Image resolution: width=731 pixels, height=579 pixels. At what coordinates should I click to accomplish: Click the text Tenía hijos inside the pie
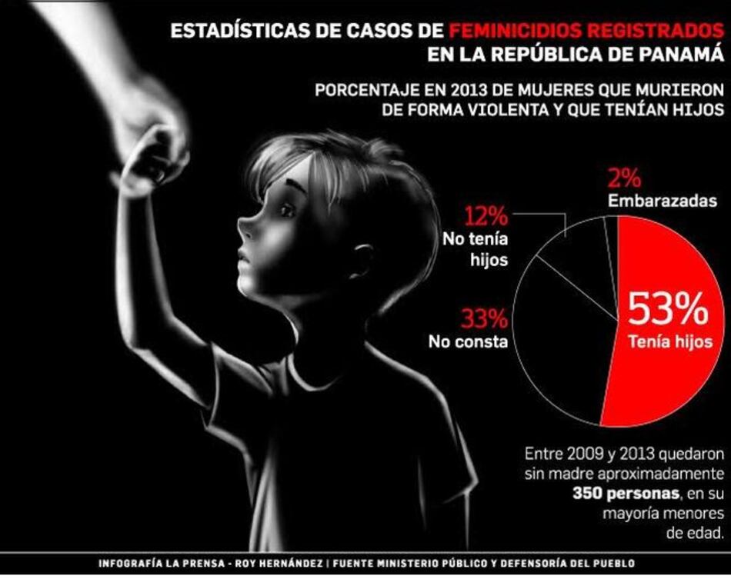pos(666,342)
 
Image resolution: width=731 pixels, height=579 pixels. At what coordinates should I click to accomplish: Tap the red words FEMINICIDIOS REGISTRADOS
pos(586,32)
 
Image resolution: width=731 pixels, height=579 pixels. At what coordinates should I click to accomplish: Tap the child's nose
pos(244,228)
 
